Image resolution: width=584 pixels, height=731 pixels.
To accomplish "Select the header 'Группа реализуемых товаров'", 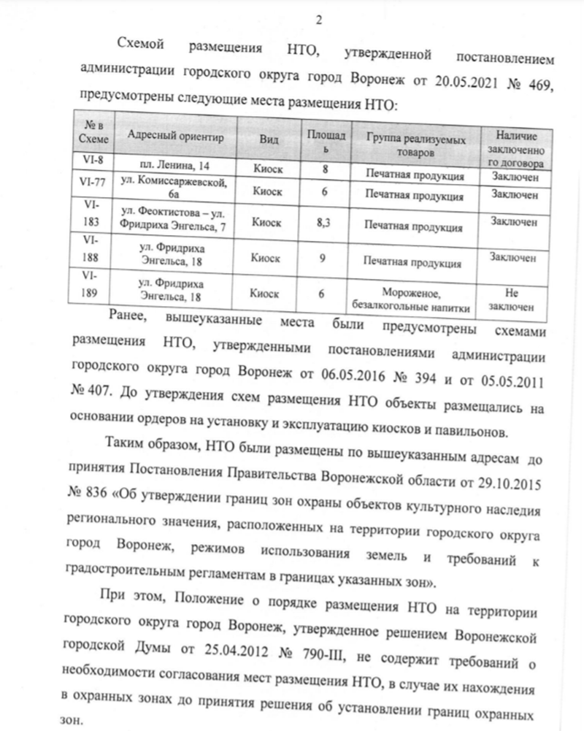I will (411, 142).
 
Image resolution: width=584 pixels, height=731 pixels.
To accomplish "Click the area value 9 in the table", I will (322, 258).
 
